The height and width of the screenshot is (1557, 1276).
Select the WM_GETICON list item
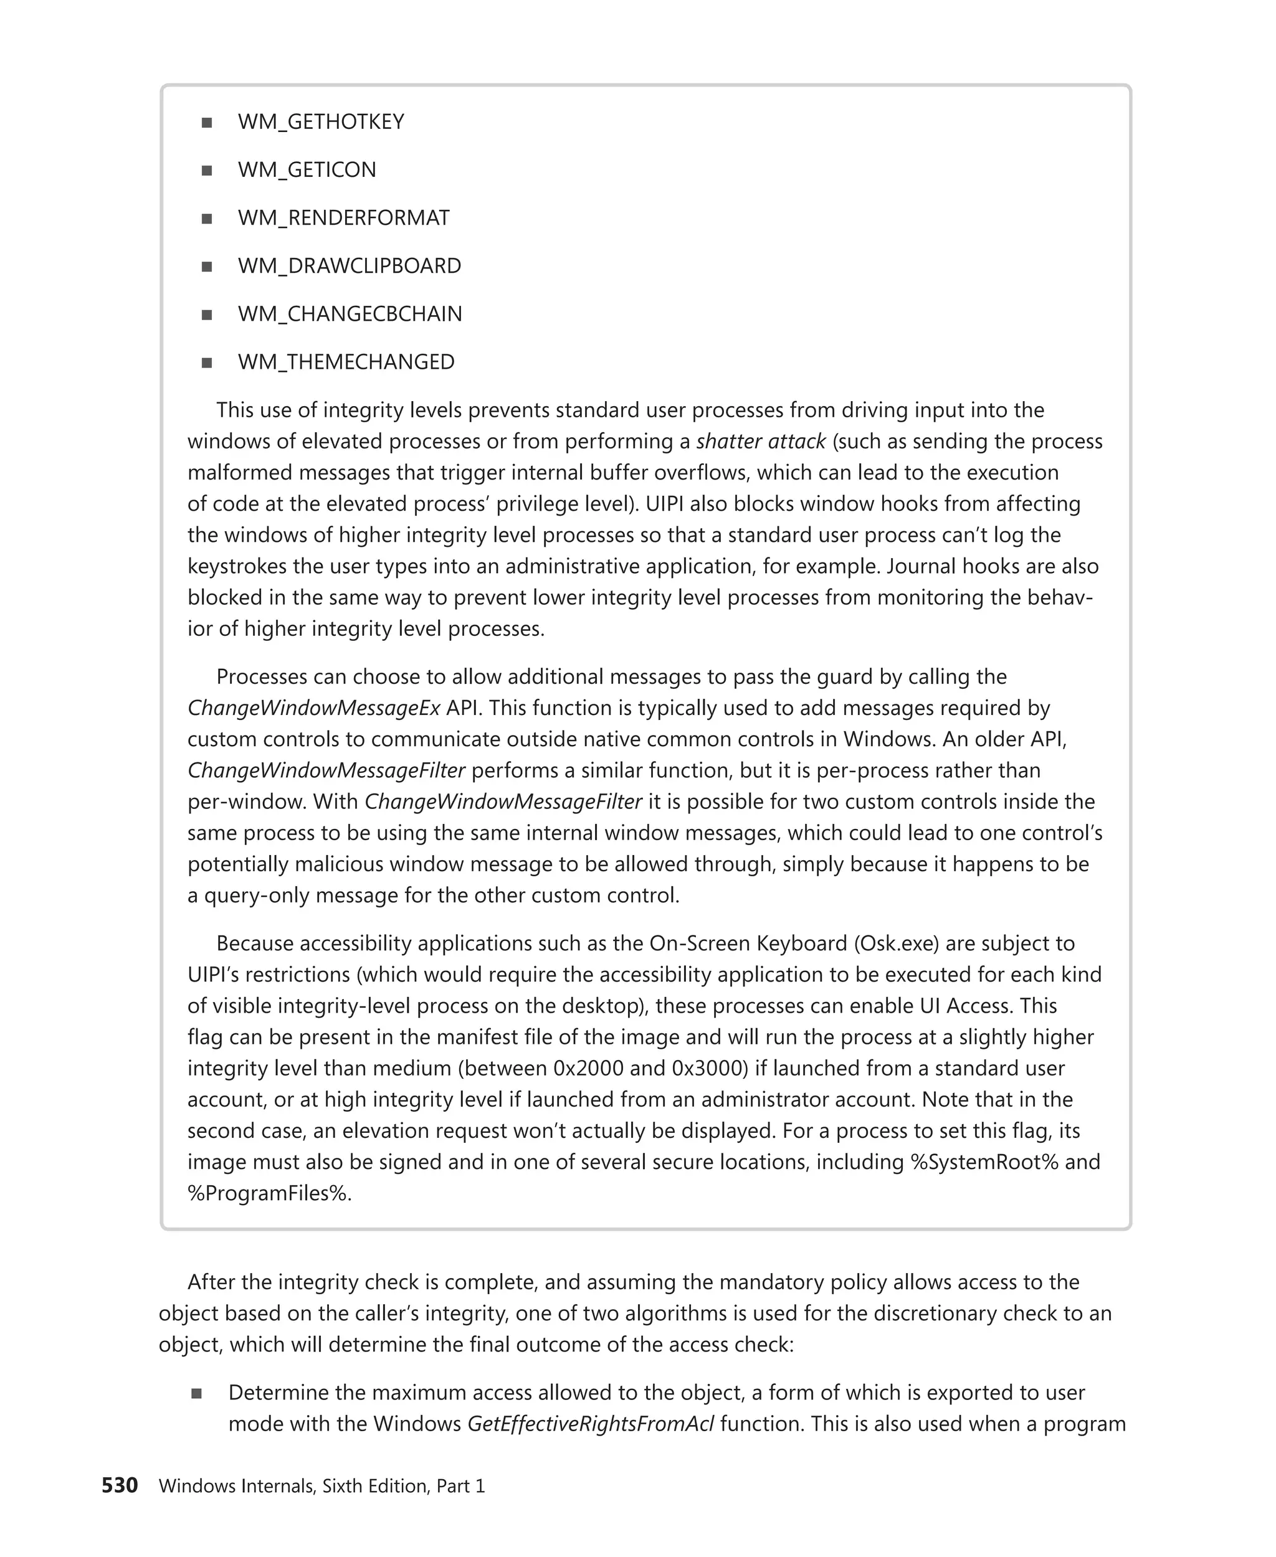pyautogui.click(x=307, y=170)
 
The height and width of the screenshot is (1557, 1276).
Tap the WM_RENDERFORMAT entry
pyautogui.click(x=343, y=218)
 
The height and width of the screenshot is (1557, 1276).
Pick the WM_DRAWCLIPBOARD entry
pyautogui.click(x=349, y=266)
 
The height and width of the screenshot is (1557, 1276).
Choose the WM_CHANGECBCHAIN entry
pyautogui.click(x=350, y=314)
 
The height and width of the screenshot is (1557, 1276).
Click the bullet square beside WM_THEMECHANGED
pyautogui.click(x=207, y=362)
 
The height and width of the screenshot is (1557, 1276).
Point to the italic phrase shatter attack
pyautogui.click(x=761, y=442)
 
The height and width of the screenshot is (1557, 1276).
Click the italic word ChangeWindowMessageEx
pyautogui.click(x=314, y=708)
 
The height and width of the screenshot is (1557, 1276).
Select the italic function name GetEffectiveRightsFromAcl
pyautogui.click(x=590, y=1424)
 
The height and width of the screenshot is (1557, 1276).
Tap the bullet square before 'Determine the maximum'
pyautogui.click(x=196, y=1393)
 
